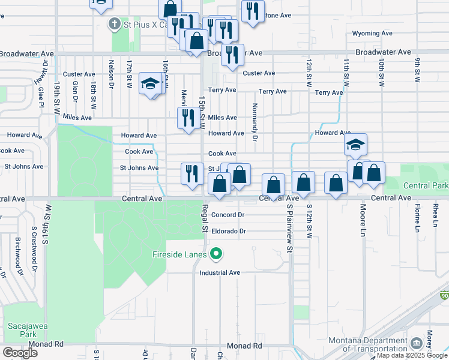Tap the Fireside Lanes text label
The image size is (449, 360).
tap(179, 254)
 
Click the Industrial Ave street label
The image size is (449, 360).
tap(220, 272)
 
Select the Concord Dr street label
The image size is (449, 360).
tap(228, 215)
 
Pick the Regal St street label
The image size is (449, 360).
tap(205, 220)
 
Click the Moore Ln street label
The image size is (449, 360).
tap(363, 220)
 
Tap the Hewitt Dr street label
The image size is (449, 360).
tap(45, 70)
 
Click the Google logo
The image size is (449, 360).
tap(20, 353)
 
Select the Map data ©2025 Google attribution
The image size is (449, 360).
tap(412, 355)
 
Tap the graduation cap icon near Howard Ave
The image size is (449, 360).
tap(355, 144)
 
